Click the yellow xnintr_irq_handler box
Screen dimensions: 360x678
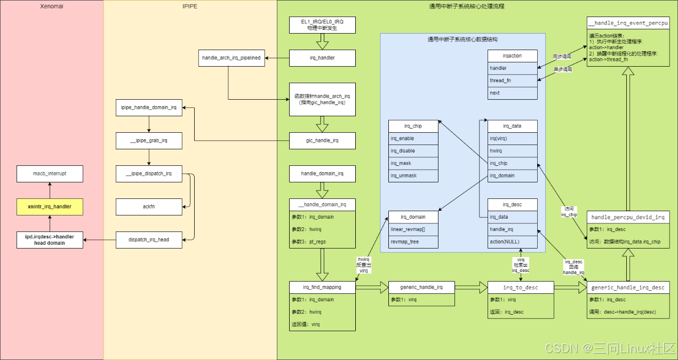[x=50, y=206]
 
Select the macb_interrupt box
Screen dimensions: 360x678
[x=50, y=173]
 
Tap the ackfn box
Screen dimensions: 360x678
[x=149, y=206]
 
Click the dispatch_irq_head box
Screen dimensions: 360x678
[x=149, y=239]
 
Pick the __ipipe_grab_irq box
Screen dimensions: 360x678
[x=149, y=141]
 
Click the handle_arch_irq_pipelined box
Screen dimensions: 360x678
[x=232, y=58]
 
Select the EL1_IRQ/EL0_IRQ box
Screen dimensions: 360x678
[x=322, y=25]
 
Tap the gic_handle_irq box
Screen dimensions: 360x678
[x=322, y=141]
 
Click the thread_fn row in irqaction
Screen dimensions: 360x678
[x=513, y=81]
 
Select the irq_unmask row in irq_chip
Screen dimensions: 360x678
[x=413, y=175]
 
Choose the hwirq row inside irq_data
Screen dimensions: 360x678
[x=513, y=151]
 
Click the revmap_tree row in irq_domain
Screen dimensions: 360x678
[x=413, y=242]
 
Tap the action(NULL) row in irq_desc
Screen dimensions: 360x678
[x=513, y=242]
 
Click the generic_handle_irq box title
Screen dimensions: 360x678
[x=421, y=287]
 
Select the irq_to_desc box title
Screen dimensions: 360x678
[x=521, y=287]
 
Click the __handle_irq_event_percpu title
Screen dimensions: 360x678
[x=628, y=23]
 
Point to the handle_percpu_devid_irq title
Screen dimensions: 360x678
[x=628, y=217]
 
